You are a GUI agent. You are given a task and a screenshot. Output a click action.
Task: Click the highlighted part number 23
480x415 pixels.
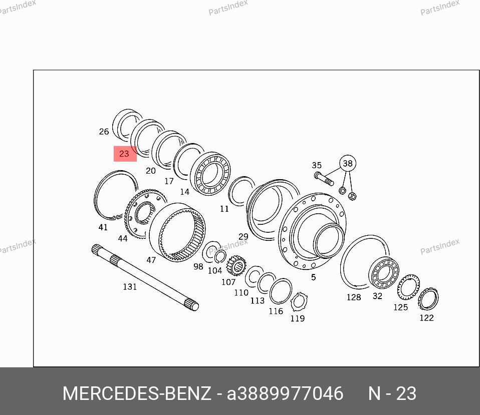(x=125, y=154)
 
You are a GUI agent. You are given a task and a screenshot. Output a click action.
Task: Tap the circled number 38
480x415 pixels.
(x=348, y=164)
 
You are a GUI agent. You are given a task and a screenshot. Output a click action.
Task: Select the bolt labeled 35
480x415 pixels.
(x=324, y=179)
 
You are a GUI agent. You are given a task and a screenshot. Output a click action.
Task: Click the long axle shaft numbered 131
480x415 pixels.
(x=145, y=278)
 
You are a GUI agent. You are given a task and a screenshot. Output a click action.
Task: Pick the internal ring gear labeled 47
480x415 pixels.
(x=177, y=232)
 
